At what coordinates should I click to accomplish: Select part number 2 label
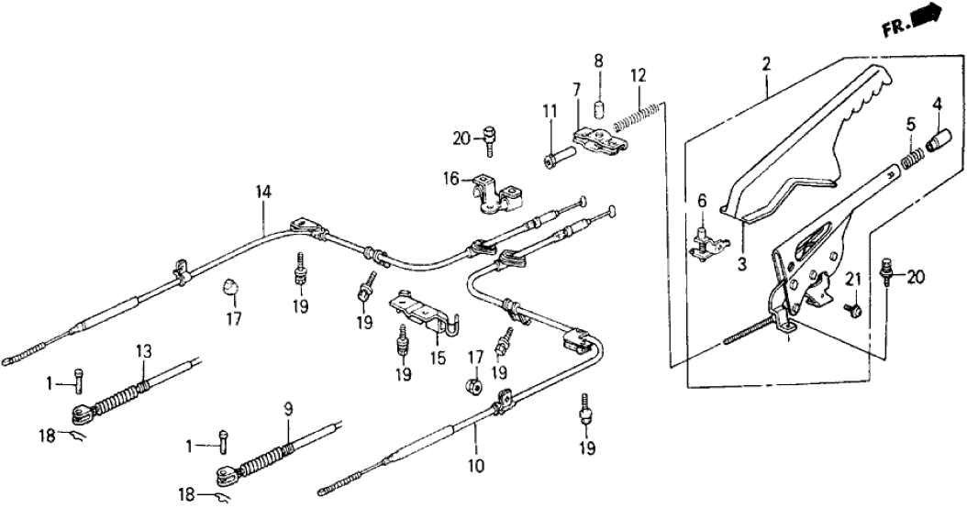coord(766,63)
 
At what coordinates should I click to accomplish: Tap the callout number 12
coord(638,74)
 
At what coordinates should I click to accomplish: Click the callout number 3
coord(741,265)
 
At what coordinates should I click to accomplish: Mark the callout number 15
coord(439,355)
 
